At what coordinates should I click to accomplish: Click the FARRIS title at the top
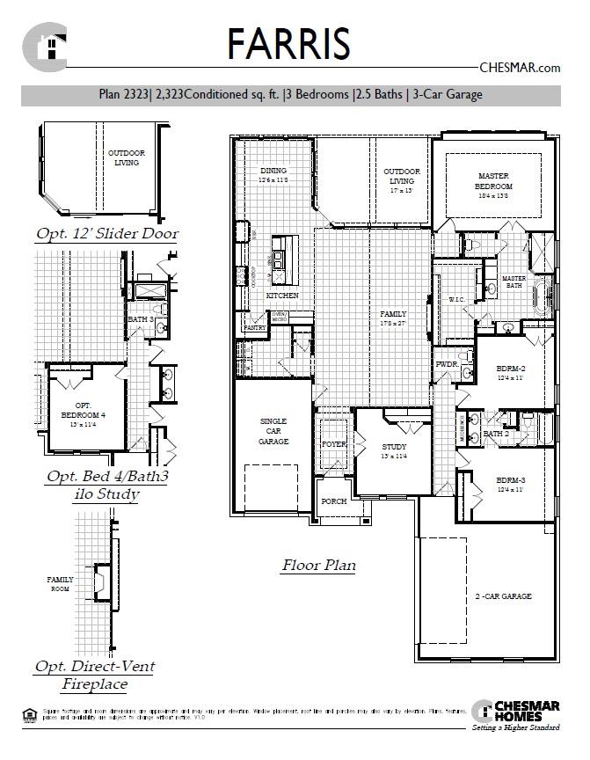pyautogui.click(x=288, y=43)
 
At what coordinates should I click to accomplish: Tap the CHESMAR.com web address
pyautogui.click(x=520, y=68)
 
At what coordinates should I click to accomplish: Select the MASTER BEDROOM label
pyautogui.click(x=493, y=181)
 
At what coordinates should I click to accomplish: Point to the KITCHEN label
pyautogui.click(x=282, y=296)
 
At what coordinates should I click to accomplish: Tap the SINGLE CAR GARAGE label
pyautogui.click(x=273, y=431)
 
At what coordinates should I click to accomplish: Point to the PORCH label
pyautogui.click(x=333, y=501)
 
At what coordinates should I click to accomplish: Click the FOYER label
pyautogui.click(x=333, y=444)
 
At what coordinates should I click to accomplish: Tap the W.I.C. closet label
pyautogui.click(x=455, y=299)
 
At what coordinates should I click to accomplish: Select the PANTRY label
pyautogui.click(x=254, y=328)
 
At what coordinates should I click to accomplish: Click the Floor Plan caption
pyautogui.click(x=318, y=566)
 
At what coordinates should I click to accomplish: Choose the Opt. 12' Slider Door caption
pyautogui.click(x=106, y=234)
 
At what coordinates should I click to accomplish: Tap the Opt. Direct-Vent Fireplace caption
pyautogui.click(x=94, y=675)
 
